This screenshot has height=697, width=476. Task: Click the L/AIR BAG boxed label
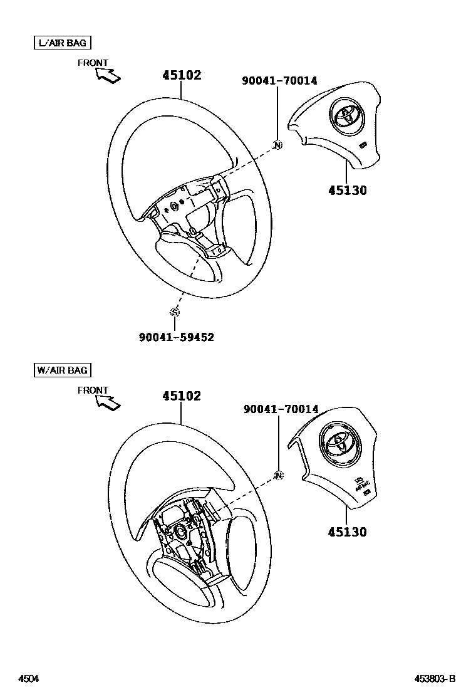[x=61, y=43]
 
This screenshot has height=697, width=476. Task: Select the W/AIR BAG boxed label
[x=62, y=370]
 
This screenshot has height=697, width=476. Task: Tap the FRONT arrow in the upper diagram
[x=108, y=75]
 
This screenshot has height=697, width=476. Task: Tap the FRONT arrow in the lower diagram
[x=108, y=402]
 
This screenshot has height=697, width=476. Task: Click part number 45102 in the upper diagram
[x=182, y=75]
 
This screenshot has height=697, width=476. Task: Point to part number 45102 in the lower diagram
[x=182, y=396]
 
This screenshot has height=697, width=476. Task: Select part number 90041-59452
[x=177, y=337]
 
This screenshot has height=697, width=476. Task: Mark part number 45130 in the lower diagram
[x=348, y=532]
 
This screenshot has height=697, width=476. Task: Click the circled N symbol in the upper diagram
[x=278, y=145]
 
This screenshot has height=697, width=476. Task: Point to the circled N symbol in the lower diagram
[x=279, y=475]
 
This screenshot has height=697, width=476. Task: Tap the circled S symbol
[x=175, y=312]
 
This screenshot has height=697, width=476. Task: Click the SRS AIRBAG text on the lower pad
[x=363, y=485]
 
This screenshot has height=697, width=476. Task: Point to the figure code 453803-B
[x=434, y=679]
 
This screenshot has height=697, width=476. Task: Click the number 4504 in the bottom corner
[x=28, y=679]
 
